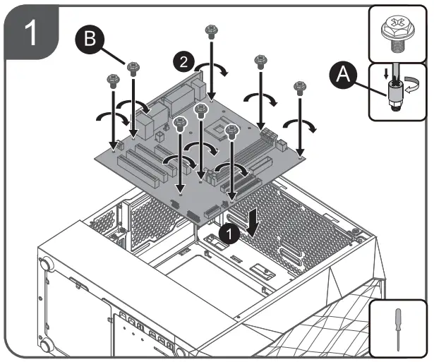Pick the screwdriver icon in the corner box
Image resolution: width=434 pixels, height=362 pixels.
point(399,327)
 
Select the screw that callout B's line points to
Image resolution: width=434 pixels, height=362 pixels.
point(133,66)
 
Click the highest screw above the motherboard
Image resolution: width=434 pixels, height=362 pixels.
point(210,30)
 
